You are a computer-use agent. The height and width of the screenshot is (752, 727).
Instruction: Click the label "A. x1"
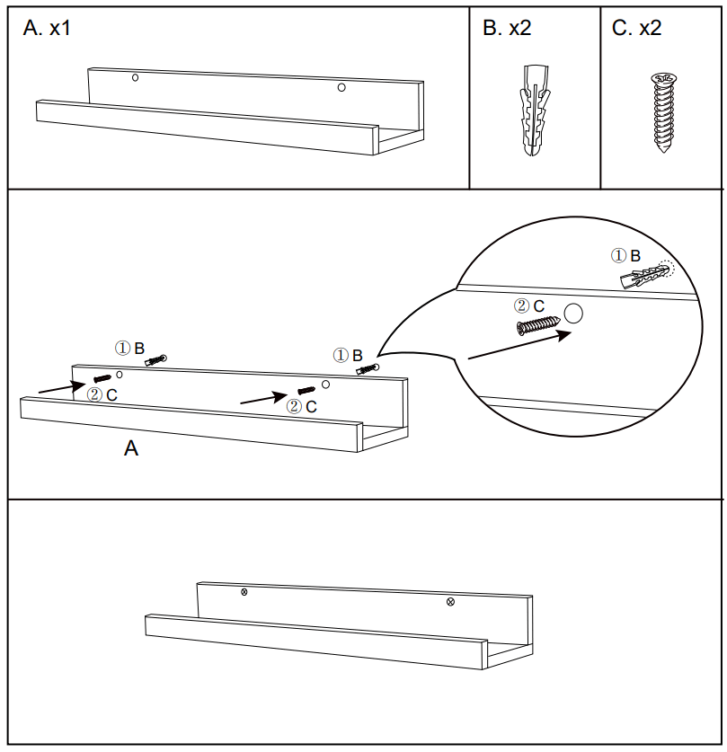(x=47, y=28)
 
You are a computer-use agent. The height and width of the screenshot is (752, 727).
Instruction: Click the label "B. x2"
(x=507, y=28)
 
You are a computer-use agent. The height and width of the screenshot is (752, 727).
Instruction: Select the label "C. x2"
(x=636, y=28)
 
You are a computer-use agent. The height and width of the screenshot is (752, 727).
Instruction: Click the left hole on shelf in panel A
(x=135, y=78)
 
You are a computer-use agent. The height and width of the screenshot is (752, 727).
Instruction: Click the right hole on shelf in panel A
(x=341, y=87)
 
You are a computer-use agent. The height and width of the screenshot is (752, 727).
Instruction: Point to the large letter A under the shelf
(x=131, y=448)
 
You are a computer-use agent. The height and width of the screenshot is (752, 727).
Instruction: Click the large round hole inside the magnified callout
(x=573, y=314)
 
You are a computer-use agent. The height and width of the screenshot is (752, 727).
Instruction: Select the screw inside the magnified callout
(x=536, y=325)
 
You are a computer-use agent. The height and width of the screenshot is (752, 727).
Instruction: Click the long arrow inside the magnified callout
(x=519, y=345)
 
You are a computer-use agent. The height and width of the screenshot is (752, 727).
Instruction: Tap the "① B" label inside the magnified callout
(x=626, y=256)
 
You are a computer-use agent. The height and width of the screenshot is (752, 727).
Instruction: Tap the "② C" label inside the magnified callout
(x=529, y=306)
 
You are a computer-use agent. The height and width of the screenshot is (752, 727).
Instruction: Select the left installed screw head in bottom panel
(x=244, y=592)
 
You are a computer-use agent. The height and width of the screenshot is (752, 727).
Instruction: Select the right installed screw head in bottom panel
(x=450, y=601)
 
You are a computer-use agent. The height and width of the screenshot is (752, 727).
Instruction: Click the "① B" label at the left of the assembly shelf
(x=129, y=348)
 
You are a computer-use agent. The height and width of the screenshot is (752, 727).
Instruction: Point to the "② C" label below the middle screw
(x=301, y=406)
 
